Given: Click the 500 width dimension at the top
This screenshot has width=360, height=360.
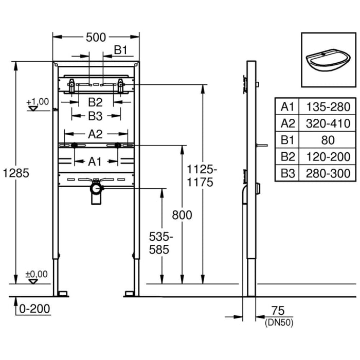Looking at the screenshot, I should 96,37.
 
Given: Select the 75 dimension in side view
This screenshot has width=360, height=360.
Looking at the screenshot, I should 278,312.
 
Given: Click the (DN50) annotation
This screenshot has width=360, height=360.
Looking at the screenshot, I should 278,323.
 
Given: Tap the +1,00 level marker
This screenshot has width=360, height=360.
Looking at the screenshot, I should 37,102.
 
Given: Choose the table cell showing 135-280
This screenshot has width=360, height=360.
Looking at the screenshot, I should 328,107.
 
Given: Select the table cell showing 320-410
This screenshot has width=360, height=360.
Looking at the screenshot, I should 328,123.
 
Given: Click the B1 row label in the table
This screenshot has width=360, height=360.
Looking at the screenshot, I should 287,140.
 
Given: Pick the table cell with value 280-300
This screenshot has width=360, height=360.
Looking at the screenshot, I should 328,173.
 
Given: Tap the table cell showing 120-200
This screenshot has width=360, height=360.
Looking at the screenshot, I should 328,157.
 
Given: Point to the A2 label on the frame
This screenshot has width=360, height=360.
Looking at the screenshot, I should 95,134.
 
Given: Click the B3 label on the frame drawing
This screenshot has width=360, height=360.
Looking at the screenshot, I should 95,115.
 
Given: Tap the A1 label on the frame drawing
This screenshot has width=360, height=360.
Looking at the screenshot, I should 95,161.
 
